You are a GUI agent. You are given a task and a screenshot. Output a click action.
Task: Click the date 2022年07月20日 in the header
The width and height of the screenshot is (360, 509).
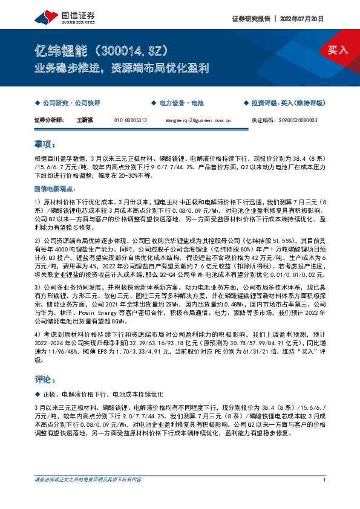pos(306,19)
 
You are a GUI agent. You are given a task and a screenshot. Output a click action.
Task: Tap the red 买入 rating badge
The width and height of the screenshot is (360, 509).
pos(338,50)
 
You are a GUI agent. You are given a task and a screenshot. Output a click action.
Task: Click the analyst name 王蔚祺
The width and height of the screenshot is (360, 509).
pos(84,120)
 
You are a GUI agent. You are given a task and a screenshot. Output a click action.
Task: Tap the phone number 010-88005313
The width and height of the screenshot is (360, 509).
pos(131,120)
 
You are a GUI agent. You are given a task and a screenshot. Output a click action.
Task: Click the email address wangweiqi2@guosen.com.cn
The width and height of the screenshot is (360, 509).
pos(198,120)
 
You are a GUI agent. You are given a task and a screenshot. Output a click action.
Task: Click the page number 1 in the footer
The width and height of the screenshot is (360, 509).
pos(325,497)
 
